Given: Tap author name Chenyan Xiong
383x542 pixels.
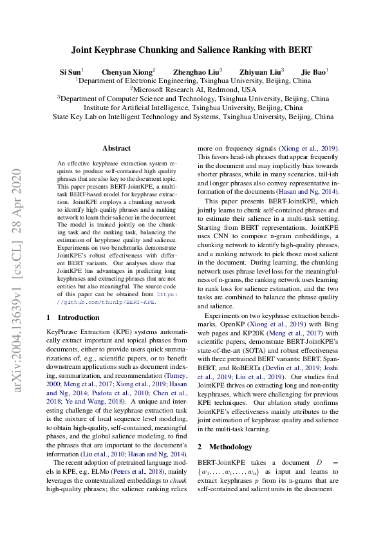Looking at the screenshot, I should [x=126, y=71].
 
